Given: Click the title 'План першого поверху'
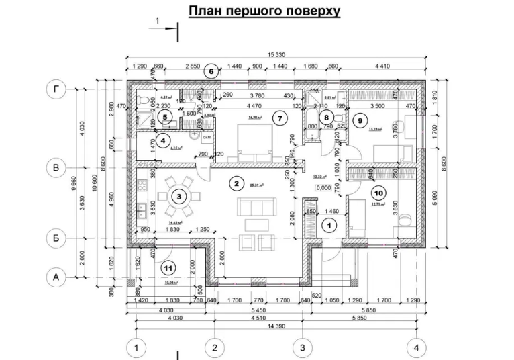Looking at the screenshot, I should pyautogui.click(x=264, y=11).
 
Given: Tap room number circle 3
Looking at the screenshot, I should pyautogui.click(x=178, y=197).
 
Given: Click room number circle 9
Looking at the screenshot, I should pyautogui.click(x=360, y=121).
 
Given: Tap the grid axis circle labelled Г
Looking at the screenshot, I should pyautogui.click(x=56, y=88).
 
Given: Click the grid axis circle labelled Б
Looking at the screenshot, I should pyautogui.click(x=56, y=237).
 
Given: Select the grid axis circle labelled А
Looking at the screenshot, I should pyautogui.click(x=56, y=275).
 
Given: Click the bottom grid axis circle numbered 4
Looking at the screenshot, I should pyautogui.click(x=417, y=348).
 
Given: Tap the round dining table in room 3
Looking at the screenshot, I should pyautogui.click(x=178, y=197).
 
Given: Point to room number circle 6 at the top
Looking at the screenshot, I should pyautogui.click(x=211, y=71).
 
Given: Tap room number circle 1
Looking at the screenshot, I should pyautogui.click(x=328, y=226).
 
